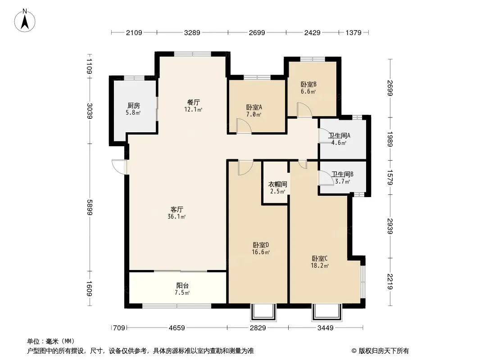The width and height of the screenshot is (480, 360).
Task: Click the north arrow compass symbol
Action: pyautogui.click(x=25, y=21)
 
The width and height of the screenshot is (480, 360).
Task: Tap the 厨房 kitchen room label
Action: pyautogui.click(x=133, y=109)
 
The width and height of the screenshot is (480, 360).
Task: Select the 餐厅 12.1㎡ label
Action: pyautogui.click(x=193, y=105)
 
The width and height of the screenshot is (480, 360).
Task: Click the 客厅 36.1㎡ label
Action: pyautogui.click(x=177, y=213)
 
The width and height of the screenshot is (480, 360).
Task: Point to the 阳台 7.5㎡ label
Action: pyautogui.click(x=182, y=289)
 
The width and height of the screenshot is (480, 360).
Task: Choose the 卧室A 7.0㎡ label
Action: pyautogui.click(x=254, y=111)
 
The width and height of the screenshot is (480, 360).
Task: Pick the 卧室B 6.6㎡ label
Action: pyautogui.click(x=308, y=87)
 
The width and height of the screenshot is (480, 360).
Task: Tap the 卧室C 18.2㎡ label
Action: pyautogui.click(x=320, y=262)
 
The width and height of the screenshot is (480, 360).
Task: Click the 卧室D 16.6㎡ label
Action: pyautogui.click(x=261, y=248)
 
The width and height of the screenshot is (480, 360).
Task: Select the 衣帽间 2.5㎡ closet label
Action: pyautogui.click(x=278, y=188)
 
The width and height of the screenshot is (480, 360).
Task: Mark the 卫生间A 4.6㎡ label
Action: pyautogui.click(x=339, y=139)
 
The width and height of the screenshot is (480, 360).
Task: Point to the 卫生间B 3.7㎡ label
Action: pyautogui.click(x=342, y=178)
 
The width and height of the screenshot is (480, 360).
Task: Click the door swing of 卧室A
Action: pyautogui.click(x=244, y=126)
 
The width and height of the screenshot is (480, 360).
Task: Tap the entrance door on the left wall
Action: pyautogui.click(x=119, y=166)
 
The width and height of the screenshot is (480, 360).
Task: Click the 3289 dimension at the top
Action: pyautogui.click(x=192, y=32)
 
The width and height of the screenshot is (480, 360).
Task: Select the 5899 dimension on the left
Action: pyautogui.click(x=89, y=207)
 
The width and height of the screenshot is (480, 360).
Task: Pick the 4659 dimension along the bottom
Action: pyautogui.click(x=177, y=328)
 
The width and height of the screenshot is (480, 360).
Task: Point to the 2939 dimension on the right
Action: pyautogui.click(x=389, y=226)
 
